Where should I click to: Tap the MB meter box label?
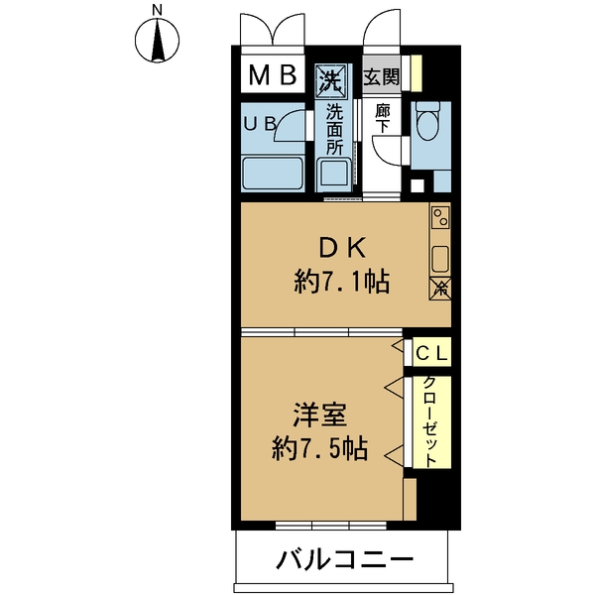(272, 76)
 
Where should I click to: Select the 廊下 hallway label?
(382, 120)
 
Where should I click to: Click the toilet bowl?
(428, 124)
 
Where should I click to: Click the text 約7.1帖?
(340, 284)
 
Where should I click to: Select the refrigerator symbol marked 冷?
(440, 288)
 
